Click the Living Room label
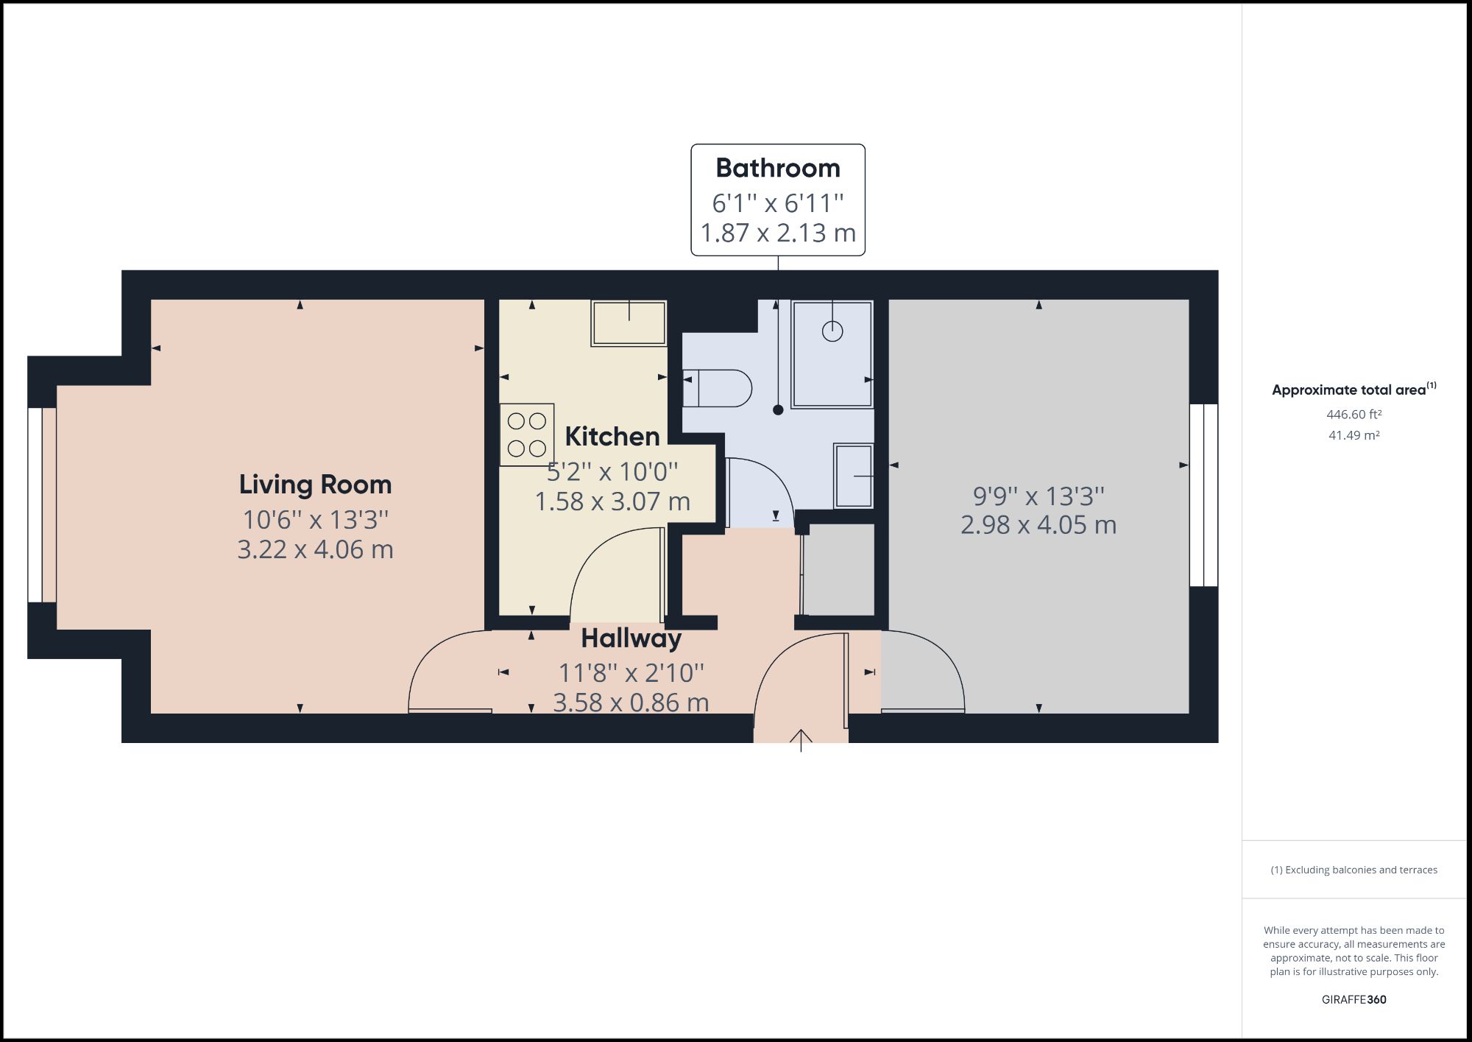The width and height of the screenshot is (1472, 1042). (x=315, y=485)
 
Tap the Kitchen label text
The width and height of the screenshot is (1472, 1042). (x=612, y=437)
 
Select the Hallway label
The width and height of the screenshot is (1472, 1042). (x=631, y=638)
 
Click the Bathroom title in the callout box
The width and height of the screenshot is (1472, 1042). (x=777, y=168)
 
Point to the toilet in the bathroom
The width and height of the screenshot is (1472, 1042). (x=718, y=388)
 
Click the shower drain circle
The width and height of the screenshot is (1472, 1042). (x=832, y=331)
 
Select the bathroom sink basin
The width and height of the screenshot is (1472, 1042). (x=854, y=476)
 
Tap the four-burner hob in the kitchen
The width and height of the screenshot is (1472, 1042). (x=527, y=434)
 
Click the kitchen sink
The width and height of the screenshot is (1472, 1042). (x=629, y=323)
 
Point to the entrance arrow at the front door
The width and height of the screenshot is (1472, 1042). (x=801, y=739)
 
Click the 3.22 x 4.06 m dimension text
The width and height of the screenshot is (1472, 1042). (x=315, y=549)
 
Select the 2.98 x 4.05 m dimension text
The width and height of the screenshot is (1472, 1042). (x=1038, y=525)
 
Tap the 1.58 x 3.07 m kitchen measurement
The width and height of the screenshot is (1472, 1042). (x=612, y=501)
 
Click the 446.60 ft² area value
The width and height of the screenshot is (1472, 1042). (x=1354, y=415)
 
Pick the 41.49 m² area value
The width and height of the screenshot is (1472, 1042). (x=1354, y=435)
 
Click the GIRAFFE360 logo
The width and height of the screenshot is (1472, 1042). (x=1354, y=999)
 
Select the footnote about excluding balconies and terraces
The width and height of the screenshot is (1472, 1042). (x=1354, y=870)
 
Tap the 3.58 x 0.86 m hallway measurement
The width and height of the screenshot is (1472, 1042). (x=631, y=703)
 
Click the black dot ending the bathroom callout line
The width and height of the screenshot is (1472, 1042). (x=778, y=410)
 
